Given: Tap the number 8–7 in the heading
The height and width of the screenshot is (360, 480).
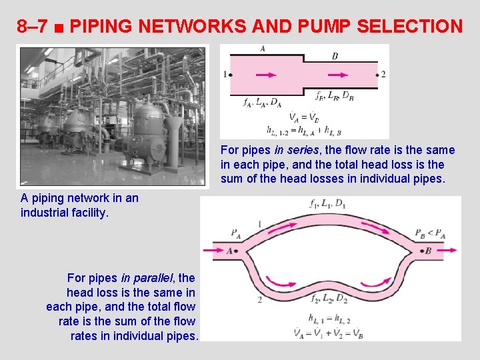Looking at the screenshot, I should (33, 27).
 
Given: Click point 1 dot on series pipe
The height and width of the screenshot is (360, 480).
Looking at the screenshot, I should (231, 74).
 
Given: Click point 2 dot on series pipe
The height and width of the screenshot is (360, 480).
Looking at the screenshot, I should (377, 74).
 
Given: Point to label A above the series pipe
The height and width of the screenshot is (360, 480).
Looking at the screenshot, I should (263, 49).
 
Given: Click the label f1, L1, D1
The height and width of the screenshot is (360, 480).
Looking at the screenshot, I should (329, 203).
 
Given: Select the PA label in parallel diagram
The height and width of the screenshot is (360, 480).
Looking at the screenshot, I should (236, 233).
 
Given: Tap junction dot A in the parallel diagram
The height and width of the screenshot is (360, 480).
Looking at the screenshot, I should (237, 251).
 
